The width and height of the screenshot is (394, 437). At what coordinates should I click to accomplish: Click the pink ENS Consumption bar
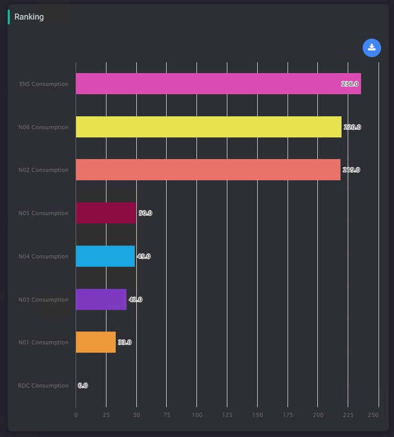(218, 84)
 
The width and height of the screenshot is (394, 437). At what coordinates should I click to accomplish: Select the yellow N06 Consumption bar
(208, 127)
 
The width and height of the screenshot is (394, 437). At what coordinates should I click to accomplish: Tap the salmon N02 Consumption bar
(208, 170)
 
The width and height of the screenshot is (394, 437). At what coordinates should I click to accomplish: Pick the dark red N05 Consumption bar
(106, 213)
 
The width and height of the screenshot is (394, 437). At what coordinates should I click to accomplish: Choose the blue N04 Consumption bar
(105, 256)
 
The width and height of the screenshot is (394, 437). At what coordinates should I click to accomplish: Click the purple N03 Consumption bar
(101, 299)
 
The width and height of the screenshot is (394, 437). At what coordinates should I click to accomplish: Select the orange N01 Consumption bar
(96, 342)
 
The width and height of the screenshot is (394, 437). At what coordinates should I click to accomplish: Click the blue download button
(371, 48)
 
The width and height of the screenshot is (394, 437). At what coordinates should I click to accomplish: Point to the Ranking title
(29, 17)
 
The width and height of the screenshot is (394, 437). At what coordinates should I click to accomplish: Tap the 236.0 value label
(350, 84)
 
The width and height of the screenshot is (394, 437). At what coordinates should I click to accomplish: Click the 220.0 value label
(352, 127)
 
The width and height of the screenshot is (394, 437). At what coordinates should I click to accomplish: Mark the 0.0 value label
(83, 386)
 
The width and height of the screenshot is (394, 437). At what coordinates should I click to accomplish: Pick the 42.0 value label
(135, 300)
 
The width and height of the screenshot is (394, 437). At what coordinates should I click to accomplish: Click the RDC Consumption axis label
(43, 386)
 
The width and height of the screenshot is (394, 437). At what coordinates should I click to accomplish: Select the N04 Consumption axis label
(43, 256)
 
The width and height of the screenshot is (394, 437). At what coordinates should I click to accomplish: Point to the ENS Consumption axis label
(44, 84)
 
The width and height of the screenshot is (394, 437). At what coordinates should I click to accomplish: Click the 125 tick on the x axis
(227, 415)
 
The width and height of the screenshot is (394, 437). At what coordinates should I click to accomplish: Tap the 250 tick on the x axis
(374, 415)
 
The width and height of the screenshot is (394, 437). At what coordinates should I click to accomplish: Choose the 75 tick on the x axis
(167, 415)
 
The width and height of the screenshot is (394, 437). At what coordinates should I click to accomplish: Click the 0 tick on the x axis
(76, 415)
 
